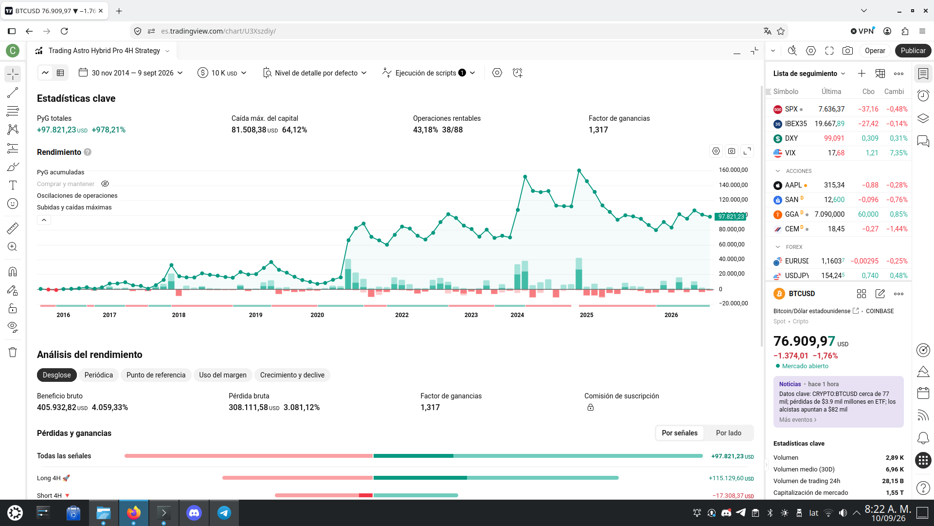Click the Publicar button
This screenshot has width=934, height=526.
(913, 51)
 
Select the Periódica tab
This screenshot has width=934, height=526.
(99, 375)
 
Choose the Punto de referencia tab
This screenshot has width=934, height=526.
(156, 375)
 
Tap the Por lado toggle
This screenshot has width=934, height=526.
(729, 433)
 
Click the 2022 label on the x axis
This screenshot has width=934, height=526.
(402, 315)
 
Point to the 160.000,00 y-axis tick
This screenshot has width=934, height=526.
(733, 170)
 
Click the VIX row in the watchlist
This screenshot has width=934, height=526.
(840, 153)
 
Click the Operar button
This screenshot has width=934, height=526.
(875, 51)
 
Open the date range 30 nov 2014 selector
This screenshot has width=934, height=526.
(131, 73)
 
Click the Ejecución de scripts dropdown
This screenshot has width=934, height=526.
(429, 73)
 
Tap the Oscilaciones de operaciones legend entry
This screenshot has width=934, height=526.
(77, 196)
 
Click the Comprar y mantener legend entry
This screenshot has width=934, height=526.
(66, 184)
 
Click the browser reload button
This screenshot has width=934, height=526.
(64, 31)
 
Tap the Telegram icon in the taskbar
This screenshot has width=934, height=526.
(224, 512)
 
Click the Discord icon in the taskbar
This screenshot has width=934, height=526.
(194, 512)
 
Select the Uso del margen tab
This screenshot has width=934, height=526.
(223, 375)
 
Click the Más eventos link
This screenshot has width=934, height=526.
(798, 420)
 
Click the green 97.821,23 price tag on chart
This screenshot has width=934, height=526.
(730, 217)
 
